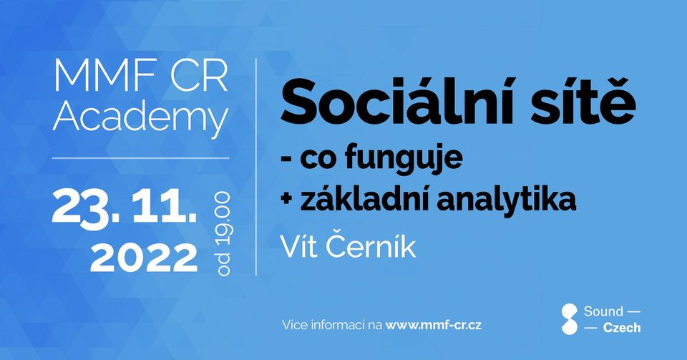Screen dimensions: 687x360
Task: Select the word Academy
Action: tap(141, 118)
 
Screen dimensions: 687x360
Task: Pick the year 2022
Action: tap(144, 258)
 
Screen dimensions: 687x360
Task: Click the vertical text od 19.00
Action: tap(223, 234)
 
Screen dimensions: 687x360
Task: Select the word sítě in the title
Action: tap(583, 100)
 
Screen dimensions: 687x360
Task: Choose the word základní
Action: tap(364, 200)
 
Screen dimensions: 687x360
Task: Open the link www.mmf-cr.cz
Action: tap(434, 325)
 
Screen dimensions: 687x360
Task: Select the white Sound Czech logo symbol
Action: tap(570, 319)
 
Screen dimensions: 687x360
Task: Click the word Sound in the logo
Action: tap(603, 311)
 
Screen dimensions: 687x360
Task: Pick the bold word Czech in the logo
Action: tap(622, 328)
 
